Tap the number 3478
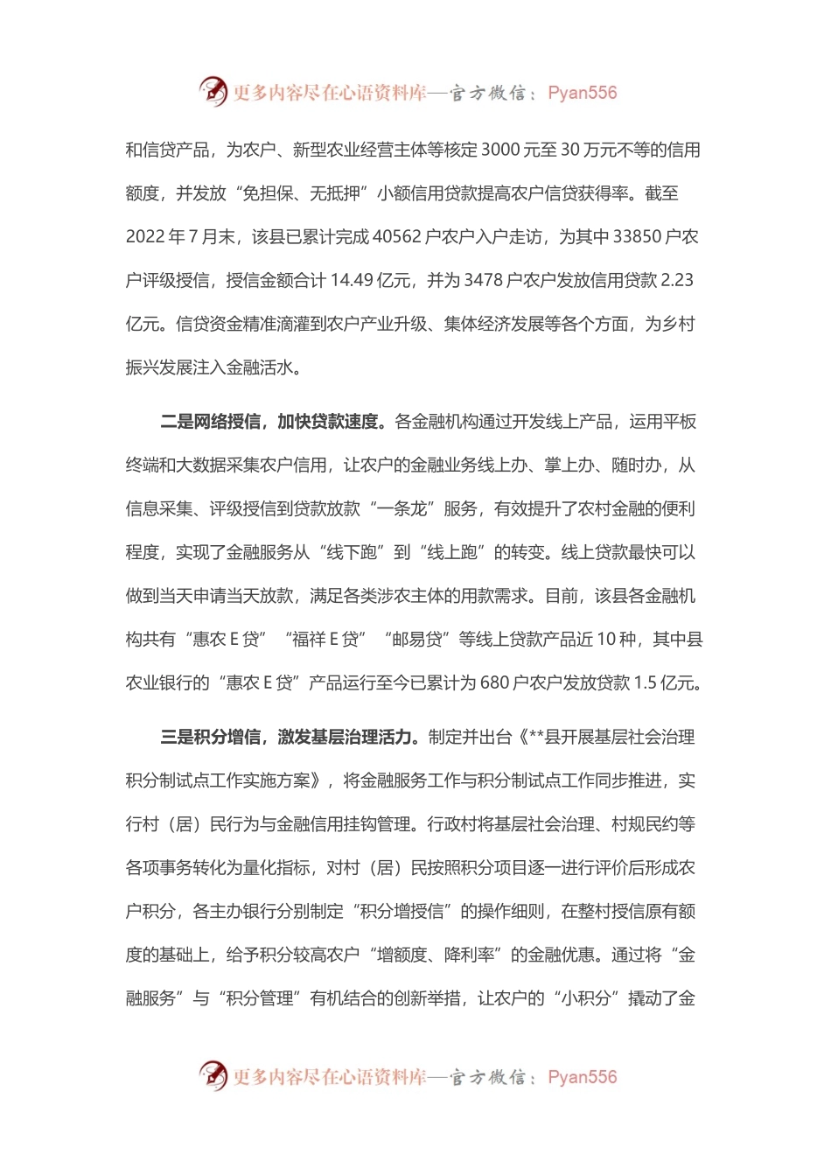click(x=484, y=280)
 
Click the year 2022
click(x=144, y=236)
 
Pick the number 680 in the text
click(x=494, y=682)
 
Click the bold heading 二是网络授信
click(x=210, y=422)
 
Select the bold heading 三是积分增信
click(x=210, y=737)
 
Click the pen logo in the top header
click(x=213, y=91)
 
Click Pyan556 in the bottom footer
click(x=582, y=1076)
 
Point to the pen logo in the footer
click(x=213, y=1075)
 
